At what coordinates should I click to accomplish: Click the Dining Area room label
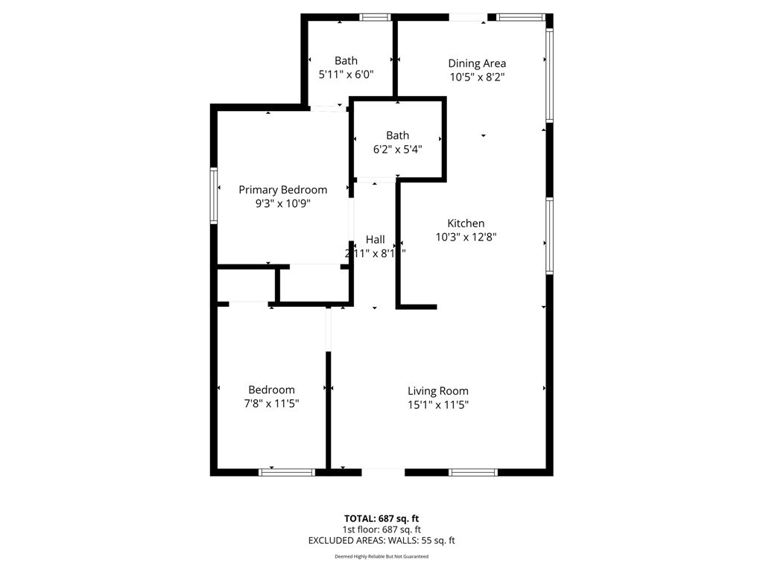477,63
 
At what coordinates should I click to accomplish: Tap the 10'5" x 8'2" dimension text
477,77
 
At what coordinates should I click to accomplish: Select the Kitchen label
466,223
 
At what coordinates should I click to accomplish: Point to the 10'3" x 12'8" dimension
466,237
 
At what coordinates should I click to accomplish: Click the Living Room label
438,391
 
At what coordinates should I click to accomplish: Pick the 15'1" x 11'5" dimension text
438,404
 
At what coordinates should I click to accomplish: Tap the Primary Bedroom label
282,190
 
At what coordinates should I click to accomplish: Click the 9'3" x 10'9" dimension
282,203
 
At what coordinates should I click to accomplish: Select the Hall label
376,239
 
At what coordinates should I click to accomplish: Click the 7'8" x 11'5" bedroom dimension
271,403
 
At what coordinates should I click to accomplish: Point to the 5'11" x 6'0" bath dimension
346,74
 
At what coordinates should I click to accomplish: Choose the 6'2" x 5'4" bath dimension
398,149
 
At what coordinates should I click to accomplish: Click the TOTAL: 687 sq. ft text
381,518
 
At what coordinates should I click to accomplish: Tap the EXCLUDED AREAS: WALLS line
381,541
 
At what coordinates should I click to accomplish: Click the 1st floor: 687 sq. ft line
381,530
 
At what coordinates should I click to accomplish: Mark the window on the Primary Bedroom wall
214,196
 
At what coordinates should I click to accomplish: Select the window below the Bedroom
287,472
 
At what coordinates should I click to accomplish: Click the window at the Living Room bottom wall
473,472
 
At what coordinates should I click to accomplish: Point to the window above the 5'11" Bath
376,18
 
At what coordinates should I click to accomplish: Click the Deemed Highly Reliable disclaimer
381,556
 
